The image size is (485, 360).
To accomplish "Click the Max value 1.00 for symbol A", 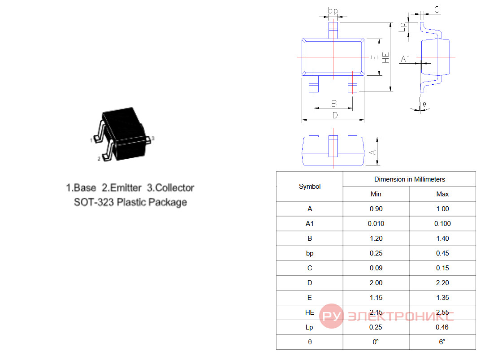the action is tap(442, 209).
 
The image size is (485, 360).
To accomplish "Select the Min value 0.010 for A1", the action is tap(376, 224).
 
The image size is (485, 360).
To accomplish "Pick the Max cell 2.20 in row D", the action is tap(442, 283).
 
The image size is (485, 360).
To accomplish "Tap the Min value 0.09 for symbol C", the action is tap(376, 268).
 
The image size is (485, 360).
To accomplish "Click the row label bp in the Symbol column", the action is tap(310, 253).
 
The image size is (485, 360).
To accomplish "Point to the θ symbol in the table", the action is tap(310, 342).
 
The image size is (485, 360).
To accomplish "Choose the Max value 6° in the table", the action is tap(442, 342).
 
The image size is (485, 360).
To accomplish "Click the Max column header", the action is tap(442, 194).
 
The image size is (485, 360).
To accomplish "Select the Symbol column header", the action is tap(310, 187).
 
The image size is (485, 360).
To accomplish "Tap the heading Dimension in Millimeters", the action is tap(410, 179).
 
